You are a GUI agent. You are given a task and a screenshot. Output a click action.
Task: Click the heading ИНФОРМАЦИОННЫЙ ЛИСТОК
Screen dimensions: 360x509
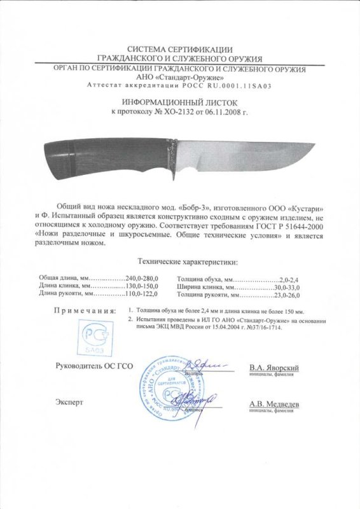click(x=179, y=101)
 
